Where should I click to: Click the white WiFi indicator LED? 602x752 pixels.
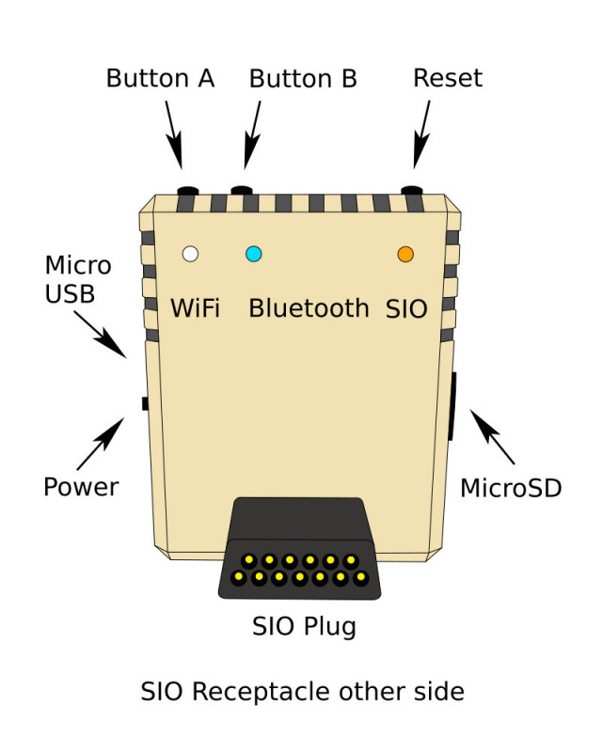point(190,254)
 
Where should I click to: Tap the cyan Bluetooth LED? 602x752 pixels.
point(254,254)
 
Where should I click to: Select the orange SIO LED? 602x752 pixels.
point(405,255)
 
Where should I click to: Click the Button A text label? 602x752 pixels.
point(160,78)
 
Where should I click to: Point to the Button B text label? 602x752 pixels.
point(303,78)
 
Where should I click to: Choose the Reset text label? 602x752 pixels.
point(448,78)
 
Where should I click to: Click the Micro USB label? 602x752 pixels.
point(78,279)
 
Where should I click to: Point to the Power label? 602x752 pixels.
point(82,487)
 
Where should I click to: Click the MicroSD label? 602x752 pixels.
point(511,488)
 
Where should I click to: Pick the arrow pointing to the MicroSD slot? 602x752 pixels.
point(492,436)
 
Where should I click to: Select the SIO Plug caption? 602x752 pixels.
point(304,625)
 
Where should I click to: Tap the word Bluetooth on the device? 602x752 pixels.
point(309,307)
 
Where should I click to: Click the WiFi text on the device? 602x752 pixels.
point(195,307)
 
